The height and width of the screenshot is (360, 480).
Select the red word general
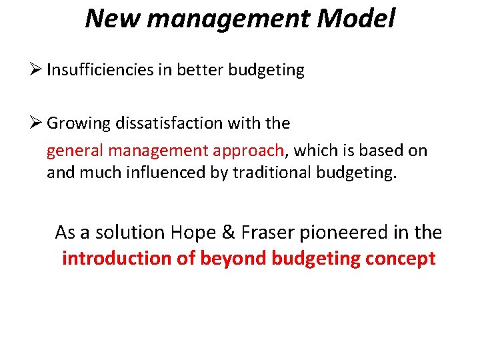(72, 151)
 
